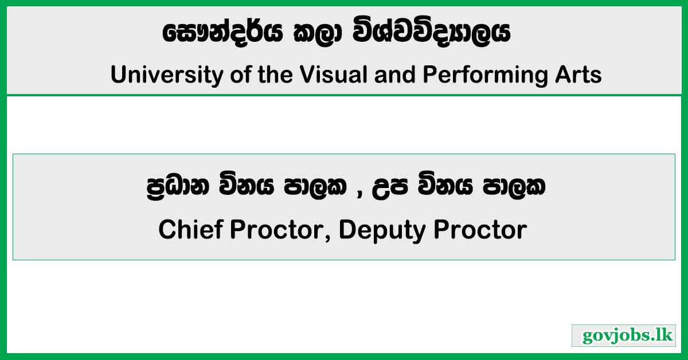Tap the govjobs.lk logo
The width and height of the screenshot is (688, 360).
coord(623,335)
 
